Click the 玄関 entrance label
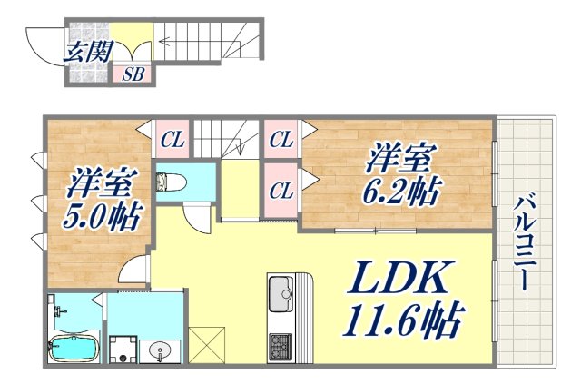(83, 52)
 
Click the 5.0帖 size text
(101, 215)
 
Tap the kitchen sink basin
(278, 294)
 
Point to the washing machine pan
(122, 350)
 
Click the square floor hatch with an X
(205, 343)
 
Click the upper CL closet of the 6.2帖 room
(281, 140)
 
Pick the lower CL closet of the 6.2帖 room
(281, 190)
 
